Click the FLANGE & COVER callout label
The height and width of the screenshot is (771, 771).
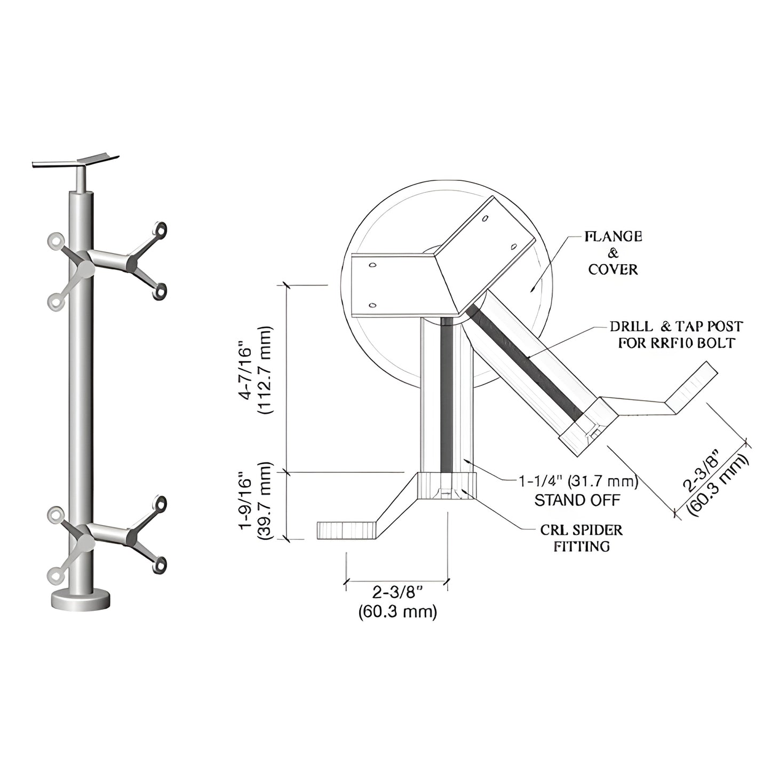(x=613, y=253)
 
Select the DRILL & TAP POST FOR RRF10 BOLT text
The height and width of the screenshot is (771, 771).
(x=676, y=335)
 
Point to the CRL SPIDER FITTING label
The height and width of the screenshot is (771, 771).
(x=581, y=538)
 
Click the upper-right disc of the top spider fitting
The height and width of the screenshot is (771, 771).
(x=160, y=229)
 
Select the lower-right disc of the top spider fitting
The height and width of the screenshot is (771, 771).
(x=159, y=291)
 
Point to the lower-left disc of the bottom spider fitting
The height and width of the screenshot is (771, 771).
(x=54, y=575)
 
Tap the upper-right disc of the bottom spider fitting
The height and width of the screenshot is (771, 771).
(x=160, y=504)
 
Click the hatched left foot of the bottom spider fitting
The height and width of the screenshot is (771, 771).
(x=347, y=530)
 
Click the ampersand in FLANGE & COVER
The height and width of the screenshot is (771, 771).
(x=613, y=253)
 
